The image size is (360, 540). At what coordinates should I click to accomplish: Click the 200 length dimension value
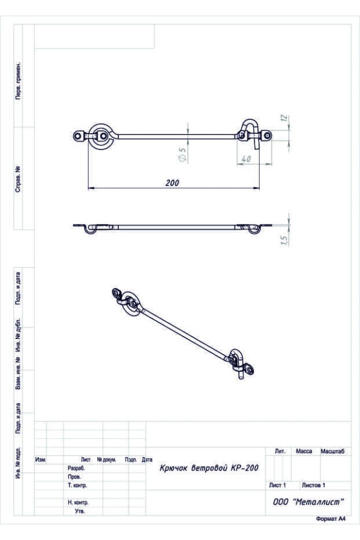[x=172, y=182]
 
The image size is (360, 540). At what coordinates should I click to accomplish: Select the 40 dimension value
[x=246, y=159]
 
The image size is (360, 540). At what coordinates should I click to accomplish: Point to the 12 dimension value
[x=284, y=118]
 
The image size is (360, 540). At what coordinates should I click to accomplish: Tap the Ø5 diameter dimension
[x=182, y=155]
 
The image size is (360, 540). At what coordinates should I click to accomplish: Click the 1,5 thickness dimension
[x=284, y=240]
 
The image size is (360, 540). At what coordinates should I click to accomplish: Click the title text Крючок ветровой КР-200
[x=209, y=467]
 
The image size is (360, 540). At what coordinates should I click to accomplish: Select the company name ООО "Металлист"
[x=308, y=502]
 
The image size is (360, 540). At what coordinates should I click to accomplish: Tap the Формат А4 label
[x=331, y=519]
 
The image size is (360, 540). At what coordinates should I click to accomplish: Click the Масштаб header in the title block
[x=332, y=451]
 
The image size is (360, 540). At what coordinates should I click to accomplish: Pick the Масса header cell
[x=304, y=451]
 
